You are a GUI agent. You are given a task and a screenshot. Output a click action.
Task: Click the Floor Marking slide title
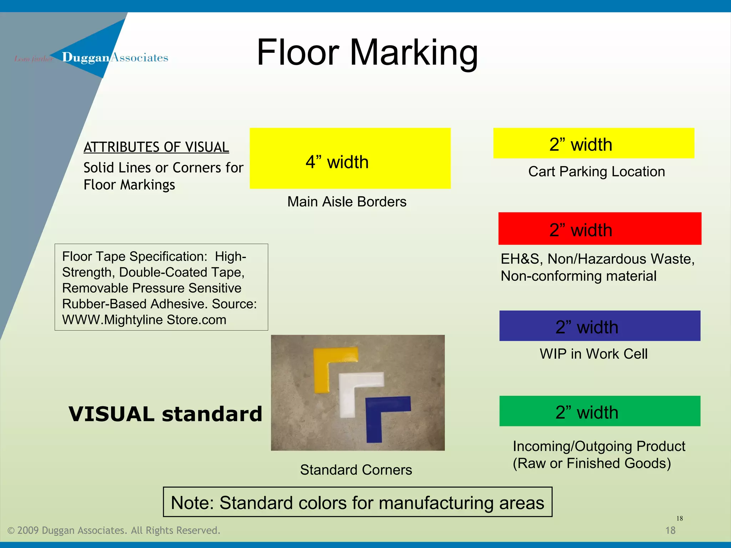pyautogui.click(x=367, y=53)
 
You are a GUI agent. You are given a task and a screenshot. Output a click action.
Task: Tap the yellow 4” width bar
pyautogui.click(x=350, y=158)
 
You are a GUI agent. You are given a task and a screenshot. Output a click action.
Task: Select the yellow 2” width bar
pyautogui.click(x=594, y=143)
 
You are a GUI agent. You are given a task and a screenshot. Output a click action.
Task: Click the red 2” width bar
pyautogui.click(x=600, y=229)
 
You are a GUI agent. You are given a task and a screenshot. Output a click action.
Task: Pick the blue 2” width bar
pyautogui.click(x=600, y=326)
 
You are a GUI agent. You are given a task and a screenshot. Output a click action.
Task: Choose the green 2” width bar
pyautogui.click(x=600, y=411)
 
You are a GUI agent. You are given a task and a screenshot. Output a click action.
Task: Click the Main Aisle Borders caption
pyautogui.click(x=347, y=202)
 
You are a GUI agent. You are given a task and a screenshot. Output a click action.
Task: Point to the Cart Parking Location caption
pyautogui.click(x=596, y=172)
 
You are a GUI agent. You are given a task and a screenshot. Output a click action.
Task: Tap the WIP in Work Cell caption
pyautogui.click(x=593, y=354)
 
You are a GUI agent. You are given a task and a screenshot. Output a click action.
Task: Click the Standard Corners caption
pyautogui.click(x=356, y=470)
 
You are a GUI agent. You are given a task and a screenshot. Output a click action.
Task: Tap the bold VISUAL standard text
pyautogui.click(x=165, y=414)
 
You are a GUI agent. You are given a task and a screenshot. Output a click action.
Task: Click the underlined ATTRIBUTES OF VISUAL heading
pyautogui.click(x=156, y=147)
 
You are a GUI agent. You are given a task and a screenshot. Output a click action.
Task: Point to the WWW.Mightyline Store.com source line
pyautogui.click(x=144, y=320)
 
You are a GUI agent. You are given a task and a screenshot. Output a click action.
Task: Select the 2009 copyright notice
pyautogui.click(x=114, y=531)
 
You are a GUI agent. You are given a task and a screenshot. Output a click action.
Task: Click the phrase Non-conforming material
pyautogui.click(x=578, y=276)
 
